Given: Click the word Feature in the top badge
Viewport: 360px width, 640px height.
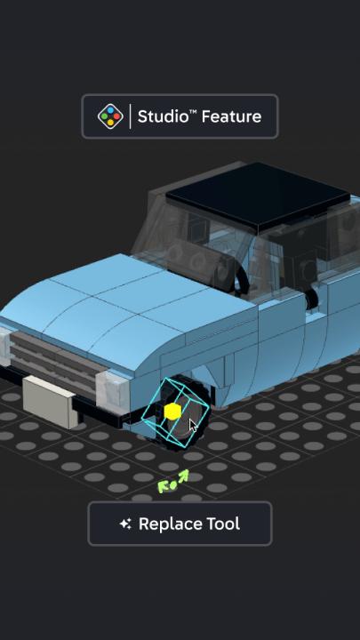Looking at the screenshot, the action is point(231,116).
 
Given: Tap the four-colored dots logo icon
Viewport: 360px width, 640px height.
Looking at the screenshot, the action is point(110,116).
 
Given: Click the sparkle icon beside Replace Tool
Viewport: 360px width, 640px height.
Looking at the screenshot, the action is point(125,524).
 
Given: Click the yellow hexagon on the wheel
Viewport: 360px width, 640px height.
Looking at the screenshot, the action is point(172,412).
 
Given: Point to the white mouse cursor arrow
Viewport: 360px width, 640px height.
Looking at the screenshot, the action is point(193,426).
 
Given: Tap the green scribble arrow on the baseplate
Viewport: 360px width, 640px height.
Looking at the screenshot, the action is point(173,482).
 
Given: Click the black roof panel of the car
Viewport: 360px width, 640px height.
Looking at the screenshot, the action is point(259,195).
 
